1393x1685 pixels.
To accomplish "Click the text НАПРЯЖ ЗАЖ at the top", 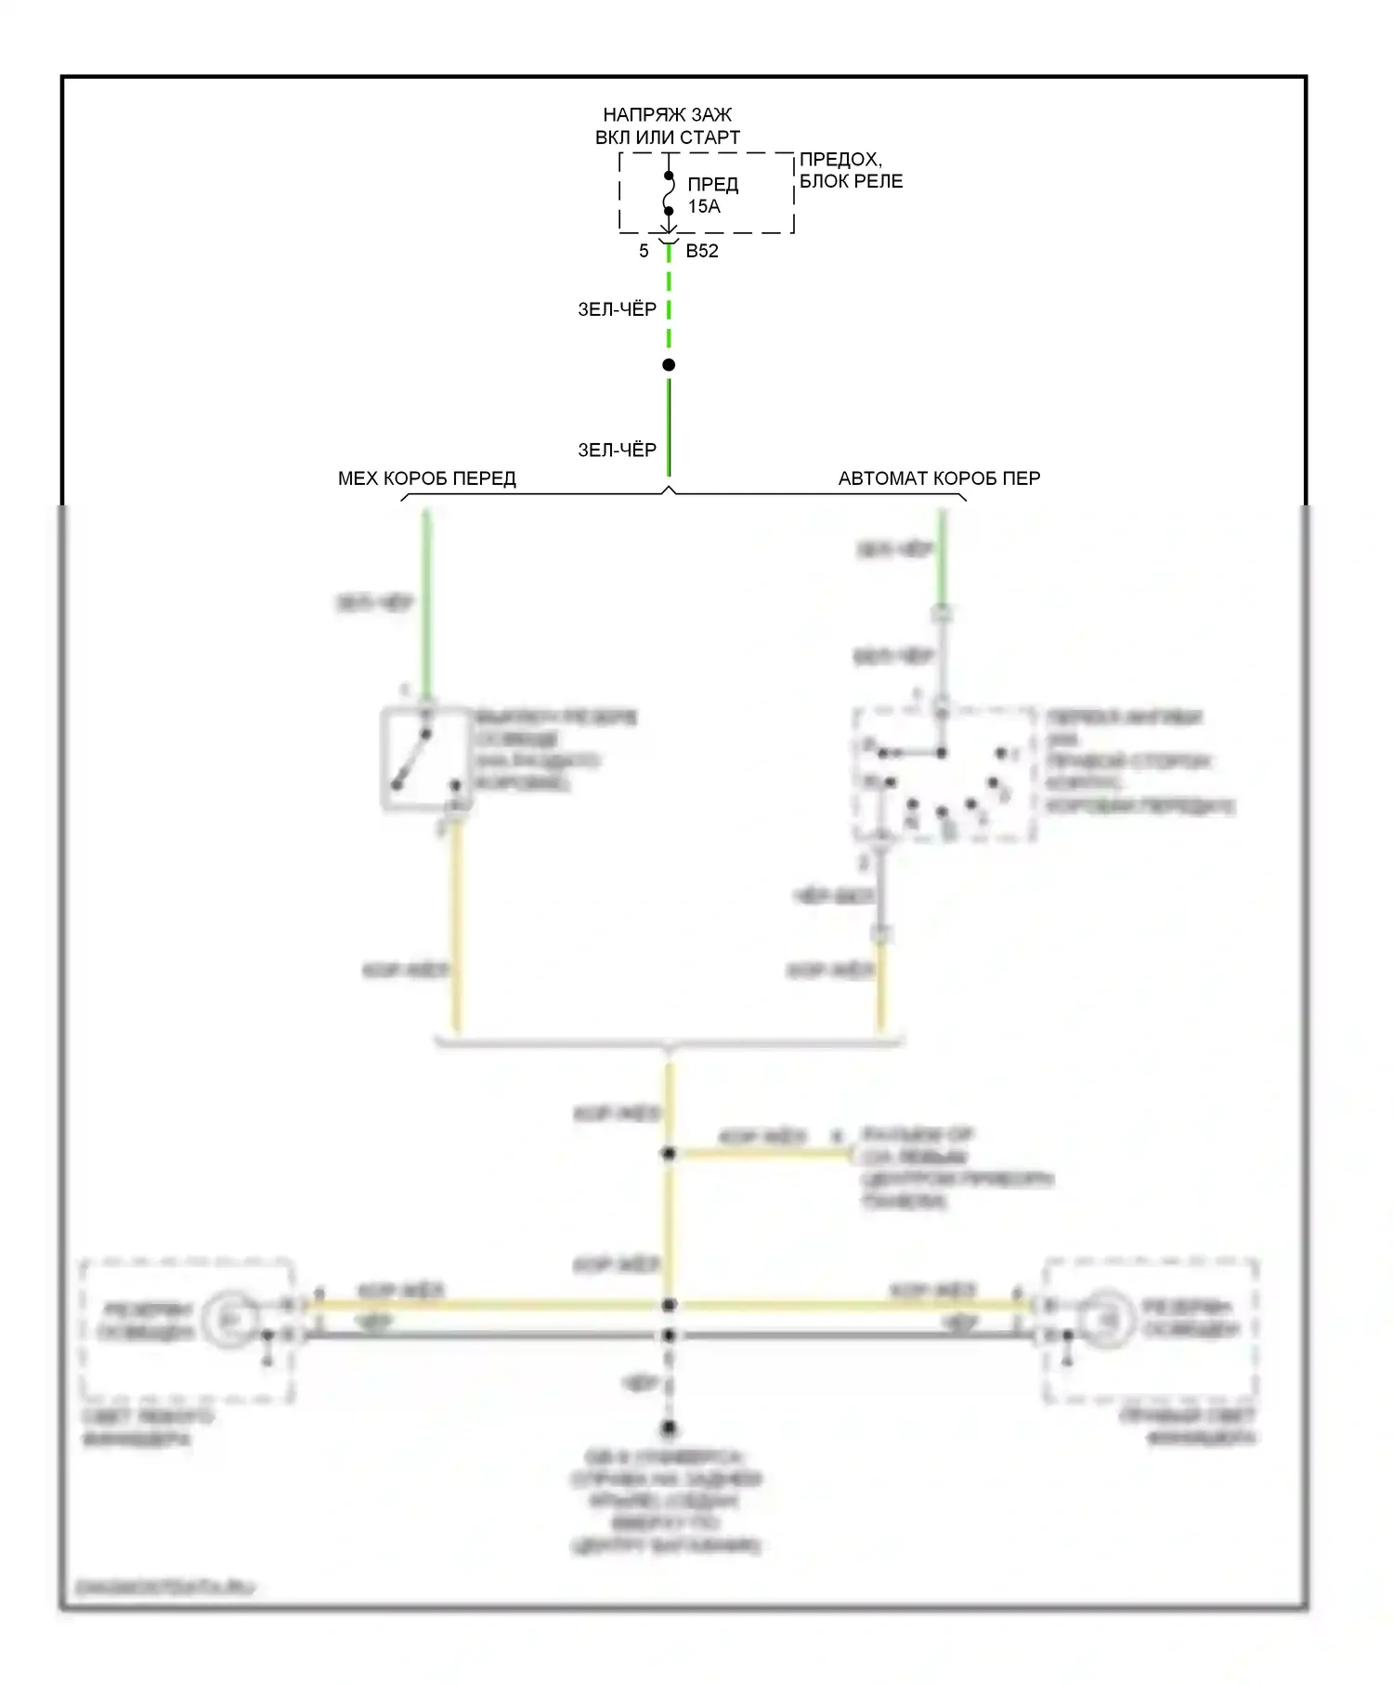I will [667, 115].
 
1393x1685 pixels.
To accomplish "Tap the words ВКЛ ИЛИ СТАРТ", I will [667, 137].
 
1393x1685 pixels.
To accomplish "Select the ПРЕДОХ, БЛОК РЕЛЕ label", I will [850, 171].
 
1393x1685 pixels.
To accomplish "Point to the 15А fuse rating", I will [704, 207].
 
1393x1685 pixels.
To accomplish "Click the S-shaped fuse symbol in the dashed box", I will [669, 194].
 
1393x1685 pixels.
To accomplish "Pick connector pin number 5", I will [644, 251].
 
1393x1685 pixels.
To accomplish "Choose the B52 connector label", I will [702, 251].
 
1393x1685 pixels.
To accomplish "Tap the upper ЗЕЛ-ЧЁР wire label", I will [617, 309].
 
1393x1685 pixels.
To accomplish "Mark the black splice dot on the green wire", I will [669, 365].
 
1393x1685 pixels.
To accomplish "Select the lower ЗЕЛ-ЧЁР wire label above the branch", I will [617, 451].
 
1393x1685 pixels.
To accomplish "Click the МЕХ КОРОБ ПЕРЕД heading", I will [426, 478].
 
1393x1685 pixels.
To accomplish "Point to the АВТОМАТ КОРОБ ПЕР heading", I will [939, 478].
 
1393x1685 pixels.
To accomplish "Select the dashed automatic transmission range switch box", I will [944, 775].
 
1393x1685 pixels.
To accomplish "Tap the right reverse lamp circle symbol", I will [1107, 1318].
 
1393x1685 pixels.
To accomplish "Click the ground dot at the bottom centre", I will [669, 1428].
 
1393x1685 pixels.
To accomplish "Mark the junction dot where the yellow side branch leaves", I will [669, 1154].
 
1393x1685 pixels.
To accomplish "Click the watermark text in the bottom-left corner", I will [164, 1587].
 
